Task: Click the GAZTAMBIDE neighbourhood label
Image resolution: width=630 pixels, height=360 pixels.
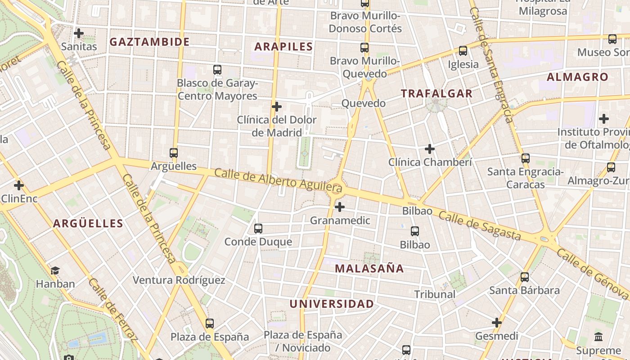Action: tap(149, 42)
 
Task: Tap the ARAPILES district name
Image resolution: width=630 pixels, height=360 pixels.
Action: tap(283, 46)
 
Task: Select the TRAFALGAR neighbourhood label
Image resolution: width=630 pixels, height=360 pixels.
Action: tap(436, 94)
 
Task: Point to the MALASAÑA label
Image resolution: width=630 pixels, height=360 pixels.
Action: tap(369, 269)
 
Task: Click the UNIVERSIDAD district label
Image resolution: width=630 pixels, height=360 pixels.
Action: tap(331, 304)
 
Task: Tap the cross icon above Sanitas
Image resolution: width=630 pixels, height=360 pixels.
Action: tap(79, 33)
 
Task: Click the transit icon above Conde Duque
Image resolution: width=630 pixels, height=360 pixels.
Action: tap(258, 229)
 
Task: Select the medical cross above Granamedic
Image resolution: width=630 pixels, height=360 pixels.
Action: tap(340, 207)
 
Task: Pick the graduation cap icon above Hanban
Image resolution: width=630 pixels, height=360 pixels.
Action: tap(55, 270)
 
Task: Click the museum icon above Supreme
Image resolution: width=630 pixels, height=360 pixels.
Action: tap(598, 337)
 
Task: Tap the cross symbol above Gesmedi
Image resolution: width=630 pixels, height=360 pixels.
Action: tap(497, 323)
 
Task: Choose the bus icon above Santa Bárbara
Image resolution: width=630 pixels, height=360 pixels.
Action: tap(524, 277)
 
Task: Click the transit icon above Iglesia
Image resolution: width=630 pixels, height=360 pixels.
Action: tap(463, 51)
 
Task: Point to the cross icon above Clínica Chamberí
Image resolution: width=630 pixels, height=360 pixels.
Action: tap(430, 148)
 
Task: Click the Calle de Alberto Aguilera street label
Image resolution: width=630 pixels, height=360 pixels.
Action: tap(278, 180)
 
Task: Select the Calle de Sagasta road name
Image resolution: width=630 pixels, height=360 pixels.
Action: tap(479, 226)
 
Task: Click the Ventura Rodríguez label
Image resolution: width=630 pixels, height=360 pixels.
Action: tap(179, 280)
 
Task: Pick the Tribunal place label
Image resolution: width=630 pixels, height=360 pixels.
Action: tap(435, 294)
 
